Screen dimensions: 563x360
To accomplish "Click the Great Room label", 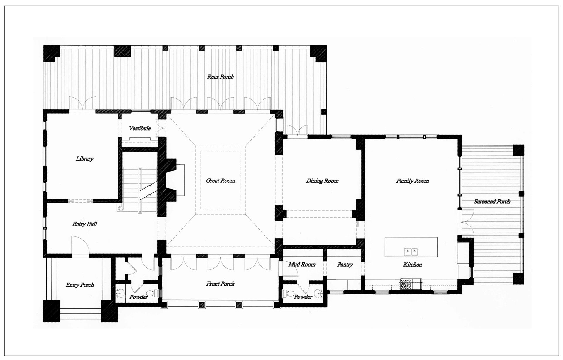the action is pos(220,181).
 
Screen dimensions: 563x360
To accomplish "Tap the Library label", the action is pos(84,159).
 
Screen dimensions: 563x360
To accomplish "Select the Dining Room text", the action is pos(322,181).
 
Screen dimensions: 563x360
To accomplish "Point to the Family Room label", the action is pos(412,181).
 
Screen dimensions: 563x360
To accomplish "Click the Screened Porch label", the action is pos(492,201).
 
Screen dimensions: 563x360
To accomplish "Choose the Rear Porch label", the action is pos(220,77).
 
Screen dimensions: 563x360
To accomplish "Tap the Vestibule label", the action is pos(140,128).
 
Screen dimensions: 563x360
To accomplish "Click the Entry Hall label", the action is pos(84,224).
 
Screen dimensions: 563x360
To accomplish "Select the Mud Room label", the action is pos(302,265).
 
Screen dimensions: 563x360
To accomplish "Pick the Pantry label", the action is pos(345,265).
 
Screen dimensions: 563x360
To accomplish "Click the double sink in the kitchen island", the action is pos(411,251).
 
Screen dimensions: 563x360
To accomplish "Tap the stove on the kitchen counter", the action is pos(406,284).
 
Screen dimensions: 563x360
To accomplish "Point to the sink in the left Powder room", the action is pos(121,293).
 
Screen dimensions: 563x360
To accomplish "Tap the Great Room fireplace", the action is pos(172,180).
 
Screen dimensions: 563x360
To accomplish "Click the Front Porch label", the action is pos(220,284).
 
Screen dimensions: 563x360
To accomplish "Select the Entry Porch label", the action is pos(80,285).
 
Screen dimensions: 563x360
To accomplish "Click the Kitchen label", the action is pos(412,265).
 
